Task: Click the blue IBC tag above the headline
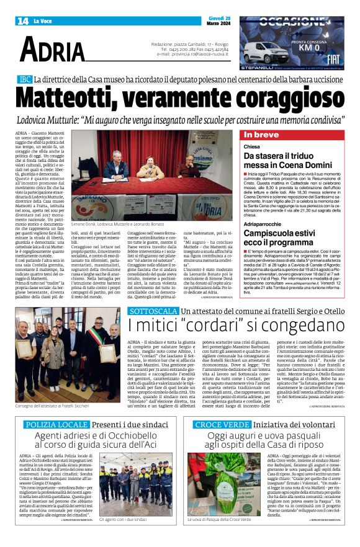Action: (25, 81)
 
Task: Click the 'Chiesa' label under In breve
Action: (252, 147)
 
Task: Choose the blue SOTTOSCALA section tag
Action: (148, 309)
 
